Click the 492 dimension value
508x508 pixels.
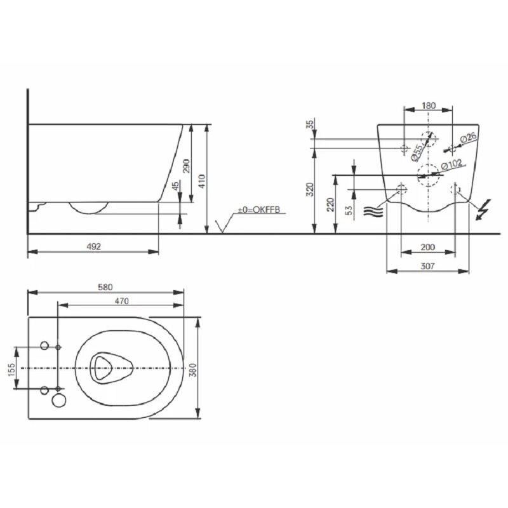point(93,246)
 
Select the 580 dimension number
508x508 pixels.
point(105,288)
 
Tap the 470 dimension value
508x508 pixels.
point(122,301)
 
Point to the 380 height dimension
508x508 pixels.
point(193,370)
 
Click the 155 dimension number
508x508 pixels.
point(11,370)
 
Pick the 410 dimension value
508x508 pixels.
point(201,182)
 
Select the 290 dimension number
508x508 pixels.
point(186,166)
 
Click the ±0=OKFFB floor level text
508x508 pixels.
point(258,210)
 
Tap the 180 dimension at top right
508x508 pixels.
point(429,105)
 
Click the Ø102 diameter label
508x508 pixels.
point(452,164)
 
